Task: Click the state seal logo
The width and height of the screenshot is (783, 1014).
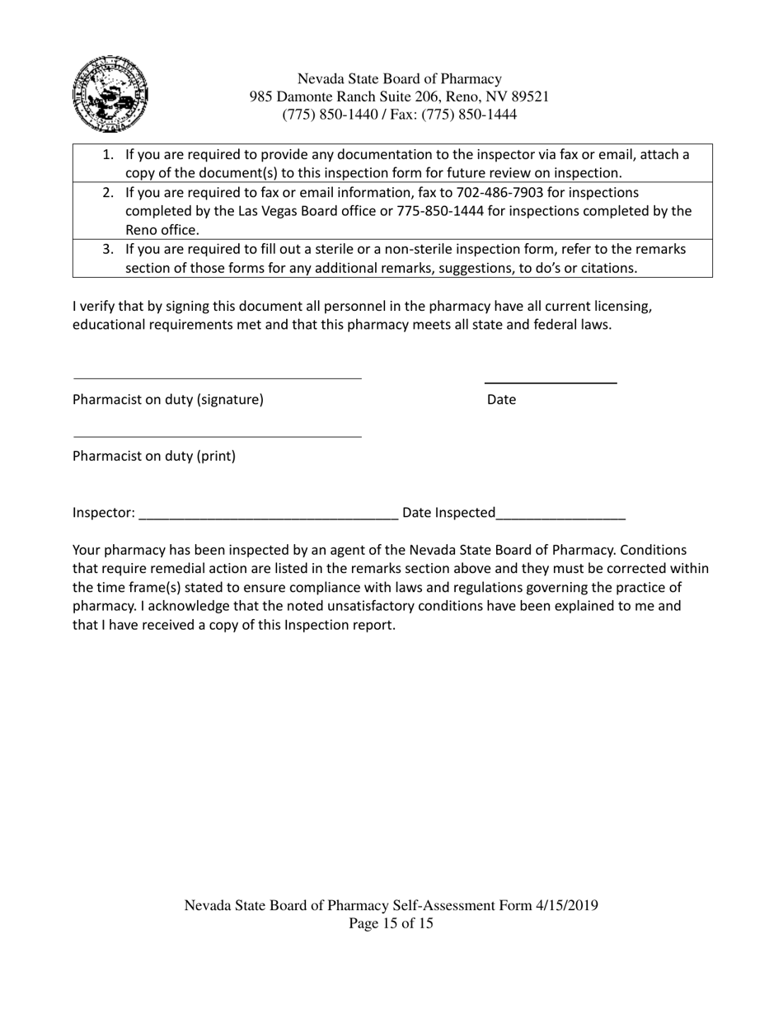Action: [x=110, y=94]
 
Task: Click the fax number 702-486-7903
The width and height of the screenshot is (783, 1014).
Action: [x=496, y=192]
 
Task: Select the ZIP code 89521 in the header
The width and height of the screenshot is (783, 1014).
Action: [x=529, y=96]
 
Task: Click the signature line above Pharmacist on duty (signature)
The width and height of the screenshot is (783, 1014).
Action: [x=218, y=378]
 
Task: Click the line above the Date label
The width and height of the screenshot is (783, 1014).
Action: [x=551, y=383]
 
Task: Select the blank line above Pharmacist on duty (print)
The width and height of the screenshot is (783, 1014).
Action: [x=218, y=436]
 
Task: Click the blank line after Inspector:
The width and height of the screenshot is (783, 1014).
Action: [x=269, y=516]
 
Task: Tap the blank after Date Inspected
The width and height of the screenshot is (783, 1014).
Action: [x=560, y=516]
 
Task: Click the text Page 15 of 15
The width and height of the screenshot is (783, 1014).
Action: [x=391, y=923]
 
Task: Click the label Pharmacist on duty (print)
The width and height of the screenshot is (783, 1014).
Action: [x=154, y=456]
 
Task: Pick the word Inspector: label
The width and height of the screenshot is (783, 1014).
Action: [x=104, y=513]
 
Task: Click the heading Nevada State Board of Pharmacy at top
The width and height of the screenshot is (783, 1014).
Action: [x=399, y=79]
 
